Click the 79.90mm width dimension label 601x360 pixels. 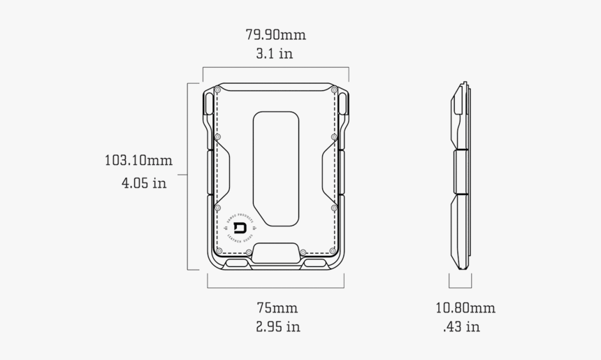click(x=275, y=34)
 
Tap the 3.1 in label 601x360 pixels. click(x=274, y=54)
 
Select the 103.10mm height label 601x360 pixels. click(x=138, y=160)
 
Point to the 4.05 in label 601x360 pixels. click(x=144, y=184)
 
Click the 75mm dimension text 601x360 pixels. click(x=277, y=308)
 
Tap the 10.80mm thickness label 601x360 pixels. click(x=465, y=308)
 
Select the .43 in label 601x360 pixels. click(x=461, y=326)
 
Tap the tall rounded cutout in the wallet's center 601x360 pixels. click(x=276, y=168)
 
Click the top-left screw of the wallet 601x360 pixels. click(x=217, y=90)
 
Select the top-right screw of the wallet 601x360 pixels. click(x=334, y=90)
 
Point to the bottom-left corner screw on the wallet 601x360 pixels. click(x=219, y=250)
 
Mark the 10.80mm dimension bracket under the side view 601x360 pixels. click(x=460, y=285)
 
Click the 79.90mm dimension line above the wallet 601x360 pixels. click(x=275, y=68)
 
